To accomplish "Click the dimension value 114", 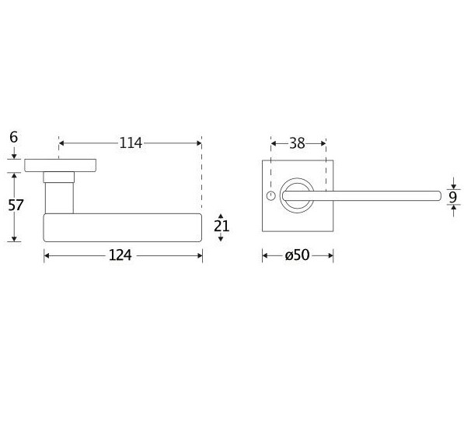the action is point(131,143).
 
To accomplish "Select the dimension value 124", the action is point(120,255).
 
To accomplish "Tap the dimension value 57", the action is point(16,206).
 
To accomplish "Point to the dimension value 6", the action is point(14,137).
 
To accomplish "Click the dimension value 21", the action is point(222,227).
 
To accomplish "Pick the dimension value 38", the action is point(297,143).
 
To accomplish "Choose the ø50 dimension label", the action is point(297,255).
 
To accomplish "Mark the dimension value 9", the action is point(453,197).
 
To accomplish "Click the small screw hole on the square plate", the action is point(270,196).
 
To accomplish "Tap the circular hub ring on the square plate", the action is point(297,179).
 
